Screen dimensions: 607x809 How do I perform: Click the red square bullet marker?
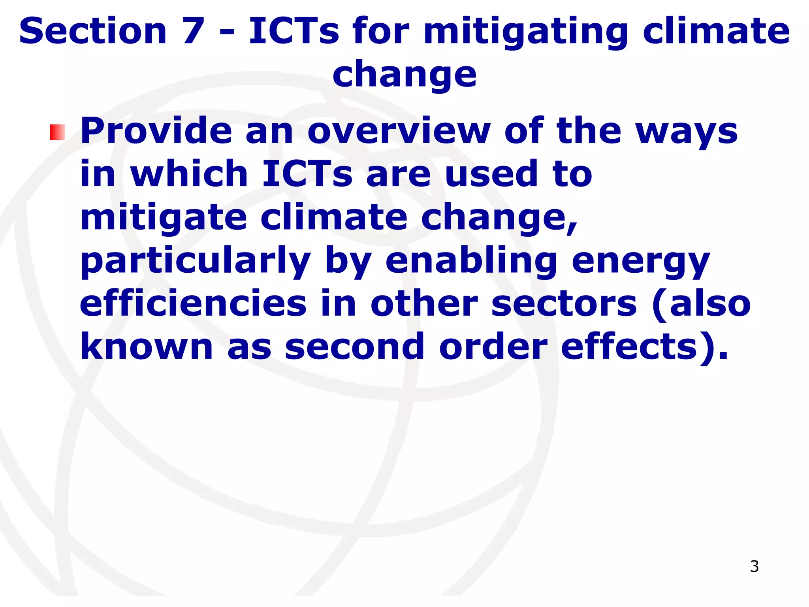pyautogui.click(x=57, y=132)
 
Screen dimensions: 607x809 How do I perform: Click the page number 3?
pyautogui.click(x=754, y=566)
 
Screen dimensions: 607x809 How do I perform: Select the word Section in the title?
pyautogui.click(x=93, y=31)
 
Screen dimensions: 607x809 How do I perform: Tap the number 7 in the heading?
pyautogui.click(x=193, y=31)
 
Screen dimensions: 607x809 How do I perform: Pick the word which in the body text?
pyautogui.click(x=189, y=174)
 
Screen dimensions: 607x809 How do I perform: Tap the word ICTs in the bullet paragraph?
pyautogui.click(x=307, y=174)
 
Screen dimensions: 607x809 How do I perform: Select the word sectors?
pyautogui.click(x=564, y=304)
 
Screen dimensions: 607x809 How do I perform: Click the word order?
pyautogui.click(x=493, y=347)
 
